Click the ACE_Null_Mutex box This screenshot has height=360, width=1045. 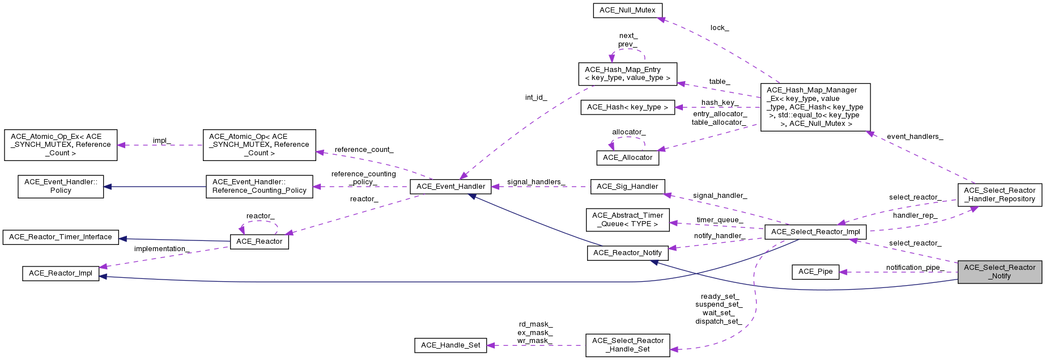(627, 10)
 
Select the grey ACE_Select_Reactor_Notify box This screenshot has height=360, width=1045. (1000, 272)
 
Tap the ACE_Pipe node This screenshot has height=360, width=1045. (815, 272)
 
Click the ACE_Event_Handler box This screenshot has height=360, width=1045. (451, 187)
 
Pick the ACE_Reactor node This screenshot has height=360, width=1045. (259, 242)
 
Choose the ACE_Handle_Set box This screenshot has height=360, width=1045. (451, 345)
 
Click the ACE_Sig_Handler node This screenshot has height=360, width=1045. (627, 187)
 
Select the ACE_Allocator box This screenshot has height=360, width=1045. (627, 158)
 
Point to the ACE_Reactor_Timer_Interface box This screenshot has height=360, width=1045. (61, 237)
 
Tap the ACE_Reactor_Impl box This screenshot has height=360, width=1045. (61, 273)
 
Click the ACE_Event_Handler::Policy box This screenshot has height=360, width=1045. (61, 187)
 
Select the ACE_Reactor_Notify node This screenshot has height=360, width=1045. (627, 253)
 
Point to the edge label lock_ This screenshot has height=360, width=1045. (720, 28)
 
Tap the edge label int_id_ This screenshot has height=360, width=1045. (536, 98)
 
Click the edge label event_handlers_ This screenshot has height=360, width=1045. (915, 137)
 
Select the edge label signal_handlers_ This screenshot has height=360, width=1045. (536, 182)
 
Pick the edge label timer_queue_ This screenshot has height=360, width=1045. (719, 220)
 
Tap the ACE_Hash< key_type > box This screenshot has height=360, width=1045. (627, 107)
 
